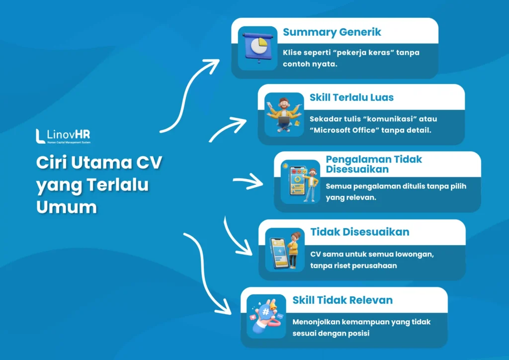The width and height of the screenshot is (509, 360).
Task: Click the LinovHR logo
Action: [x=63, y=136]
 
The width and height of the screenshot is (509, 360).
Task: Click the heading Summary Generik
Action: [x=332, y=32]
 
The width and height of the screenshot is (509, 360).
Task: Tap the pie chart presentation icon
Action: [x=257, y=48]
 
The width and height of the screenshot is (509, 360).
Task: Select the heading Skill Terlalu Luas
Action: [x=351, y=97]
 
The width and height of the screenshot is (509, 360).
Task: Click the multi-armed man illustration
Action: [x=284, y=114]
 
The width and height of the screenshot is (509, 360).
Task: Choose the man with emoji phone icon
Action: [x=300, y=181]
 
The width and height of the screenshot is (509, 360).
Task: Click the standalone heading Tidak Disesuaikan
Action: [x=359, y=232]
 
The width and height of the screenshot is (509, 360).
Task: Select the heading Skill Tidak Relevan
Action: [x=342, y=300]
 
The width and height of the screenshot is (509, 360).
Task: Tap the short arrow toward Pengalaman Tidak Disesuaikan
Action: [x=249, y=182]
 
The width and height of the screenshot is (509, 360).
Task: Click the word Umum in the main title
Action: [x=66, y=206]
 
